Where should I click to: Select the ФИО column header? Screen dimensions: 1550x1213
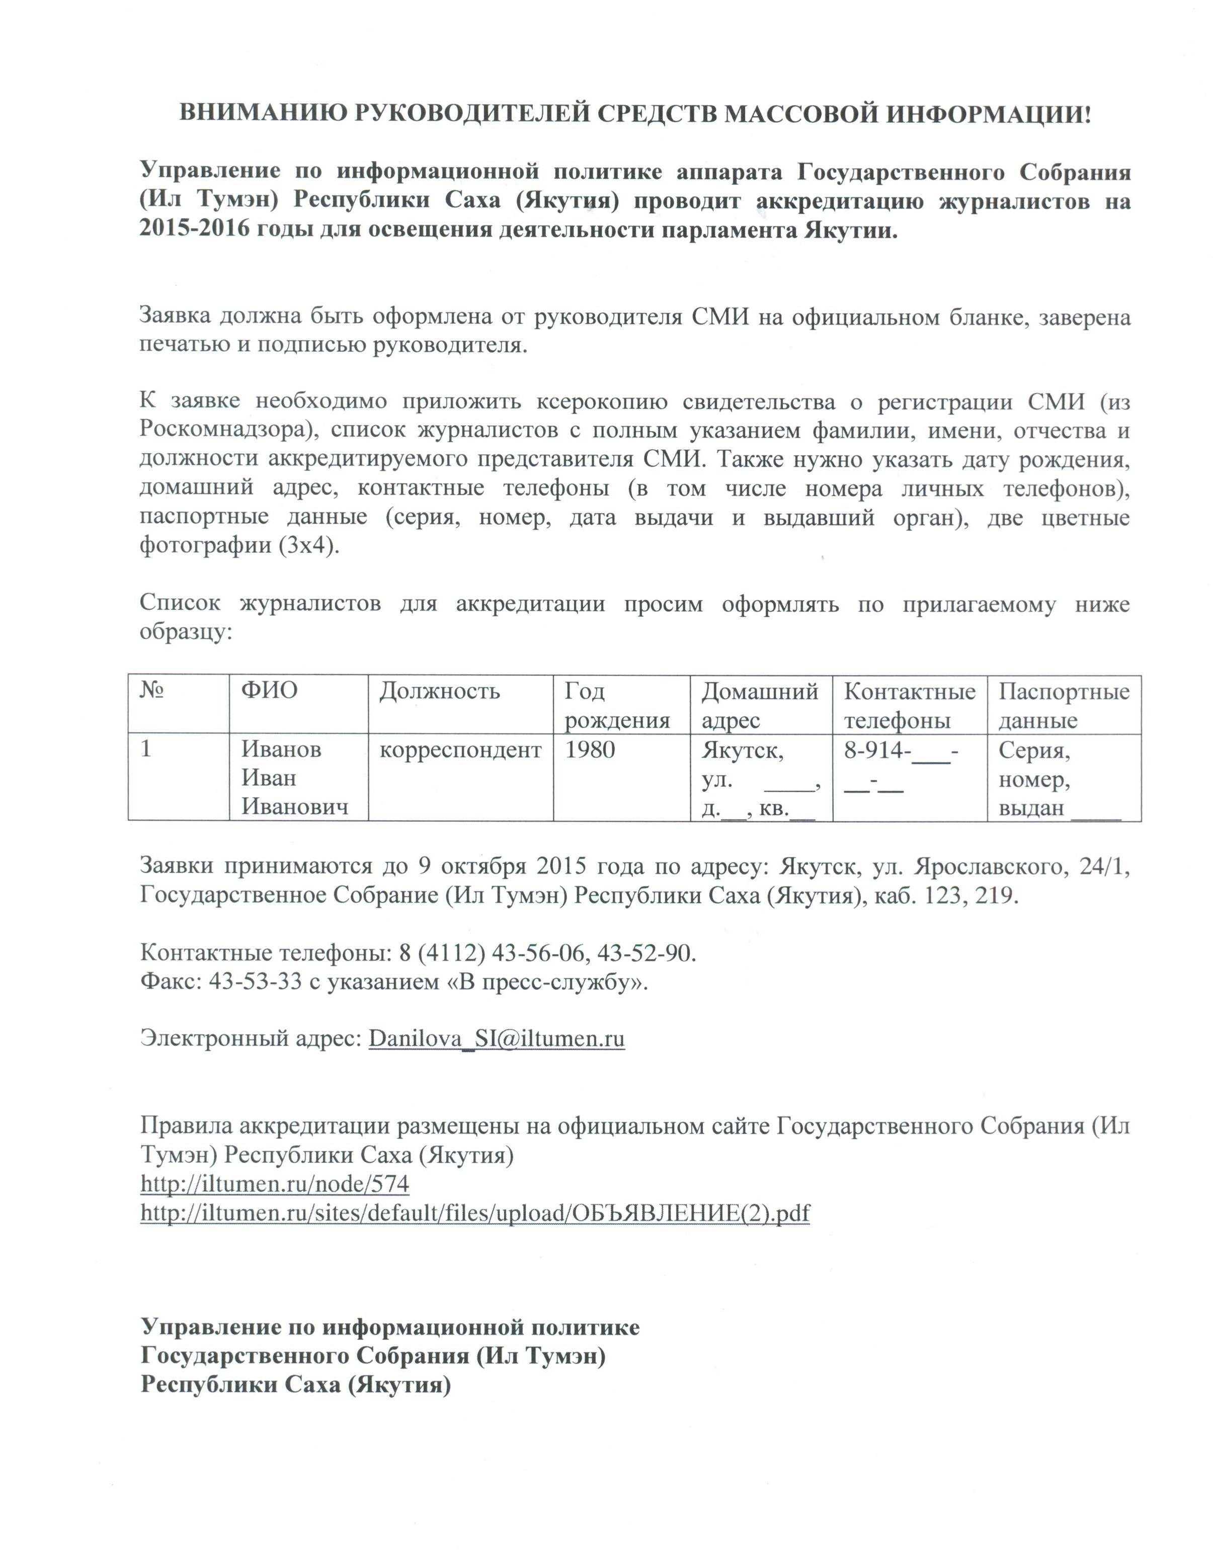point(269,691)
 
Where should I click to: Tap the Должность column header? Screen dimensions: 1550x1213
point(440,691)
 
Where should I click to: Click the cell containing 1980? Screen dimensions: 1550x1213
point(590,750)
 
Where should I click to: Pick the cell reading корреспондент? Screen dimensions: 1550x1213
point(460,750)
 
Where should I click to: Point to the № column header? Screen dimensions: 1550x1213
point(152,691)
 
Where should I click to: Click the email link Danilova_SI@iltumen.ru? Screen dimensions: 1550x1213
point(497,1039)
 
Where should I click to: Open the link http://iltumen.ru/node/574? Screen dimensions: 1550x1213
point(275,1184)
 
